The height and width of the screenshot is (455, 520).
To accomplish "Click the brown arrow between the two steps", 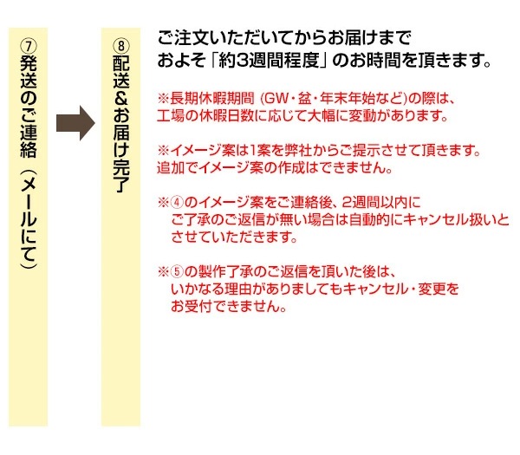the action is click(x=75, y=123).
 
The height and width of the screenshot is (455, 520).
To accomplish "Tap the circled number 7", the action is click(x=29, y=46).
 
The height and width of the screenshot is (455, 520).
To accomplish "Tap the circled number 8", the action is click(x=121, y=46).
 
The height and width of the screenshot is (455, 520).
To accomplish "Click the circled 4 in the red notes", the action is click(x=177, y=202).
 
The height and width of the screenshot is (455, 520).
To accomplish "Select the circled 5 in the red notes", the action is click(x=177, y=271).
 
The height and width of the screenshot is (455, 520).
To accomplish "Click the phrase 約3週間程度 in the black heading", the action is click(x=269, y=61).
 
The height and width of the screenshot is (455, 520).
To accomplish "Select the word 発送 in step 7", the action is click(x=29, y=72).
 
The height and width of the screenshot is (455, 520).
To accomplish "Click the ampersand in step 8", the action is click(x=121, y=98).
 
